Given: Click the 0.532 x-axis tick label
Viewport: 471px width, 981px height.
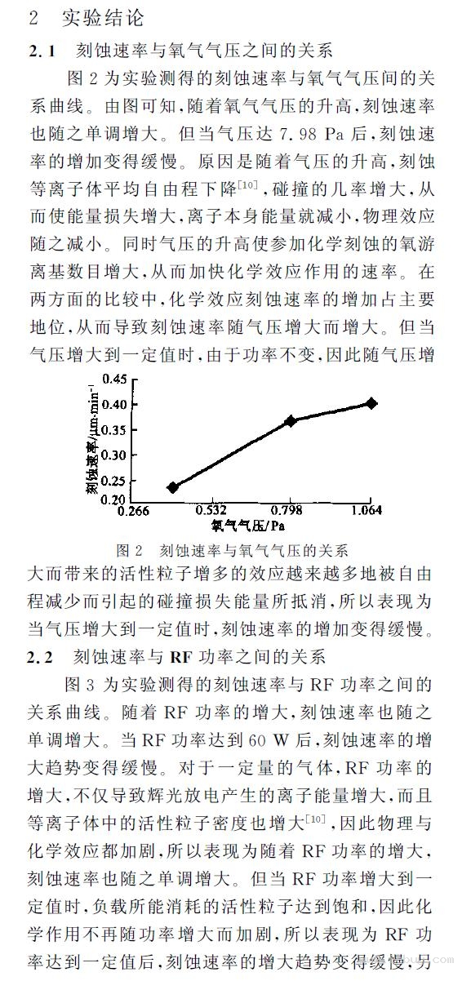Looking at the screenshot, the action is click(211, 511).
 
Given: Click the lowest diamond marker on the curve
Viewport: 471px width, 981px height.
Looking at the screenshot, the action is click(172, 487).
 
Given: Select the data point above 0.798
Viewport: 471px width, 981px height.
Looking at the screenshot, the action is click(291, 420).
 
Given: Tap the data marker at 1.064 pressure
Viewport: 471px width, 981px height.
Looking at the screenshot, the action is click(371, 403).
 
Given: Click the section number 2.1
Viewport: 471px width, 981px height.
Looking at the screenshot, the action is click(42, 51).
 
